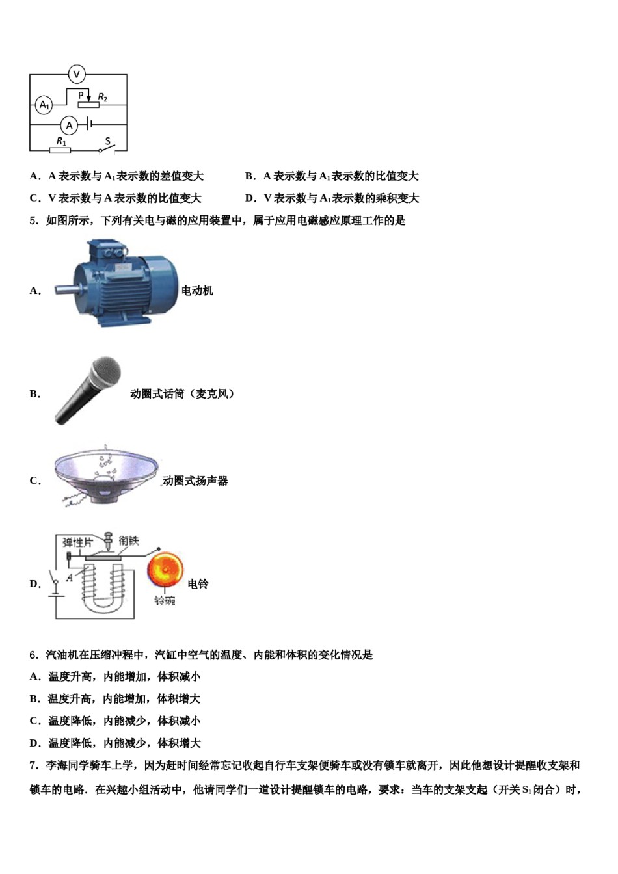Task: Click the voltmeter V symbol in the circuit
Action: point(76,74)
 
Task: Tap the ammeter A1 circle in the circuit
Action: point(44,105)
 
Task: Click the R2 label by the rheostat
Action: point(102,97)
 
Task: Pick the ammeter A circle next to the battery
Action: point(70,126)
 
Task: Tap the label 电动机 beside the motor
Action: point(197,291)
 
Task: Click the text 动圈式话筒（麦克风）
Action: point(182,393)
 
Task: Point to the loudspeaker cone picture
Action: point(106,475)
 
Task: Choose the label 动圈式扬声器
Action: point(195,481)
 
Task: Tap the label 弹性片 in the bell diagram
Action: point(77,542)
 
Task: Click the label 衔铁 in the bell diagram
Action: point(129,540)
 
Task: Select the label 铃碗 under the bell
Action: point(165,601)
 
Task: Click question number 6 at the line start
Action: point(34,655)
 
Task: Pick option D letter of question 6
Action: point(34,743)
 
